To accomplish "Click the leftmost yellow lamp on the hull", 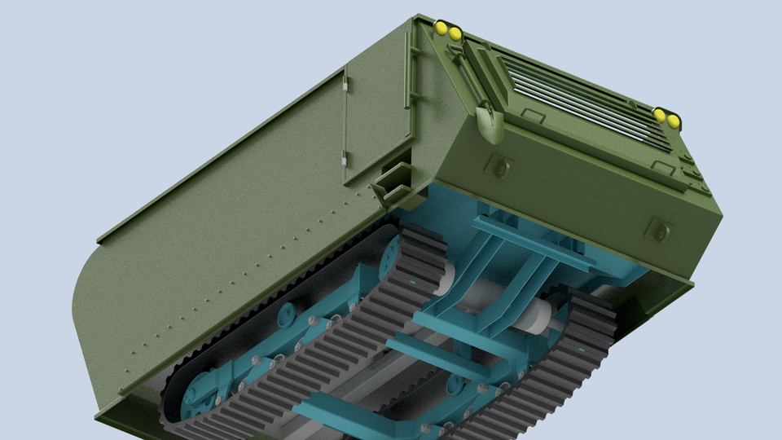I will click(442, 29).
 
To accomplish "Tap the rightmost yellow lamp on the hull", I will click(674, 121).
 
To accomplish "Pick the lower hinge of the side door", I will click(345, 157).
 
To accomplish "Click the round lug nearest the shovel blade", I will click(499, 167).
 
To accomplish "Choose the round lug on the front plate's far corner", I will click(657, 231).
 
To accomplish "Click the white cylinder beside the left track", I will click(445, 277).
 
